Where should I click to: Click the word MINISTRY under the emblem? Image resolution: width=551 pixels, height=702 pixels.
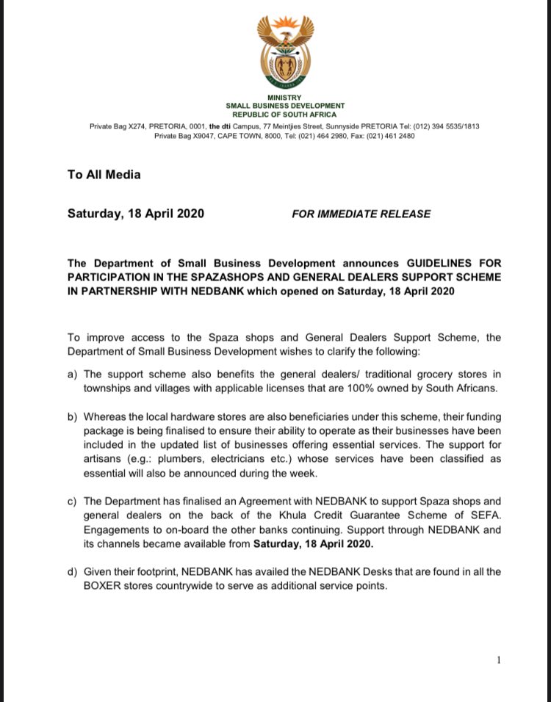[x=284, y=98]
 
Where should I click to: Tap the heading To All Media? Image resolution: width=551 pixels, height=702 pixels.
[x=104, y=175]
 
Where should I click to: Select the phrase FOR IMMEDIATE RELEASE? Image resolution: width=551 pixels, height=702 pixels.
[x=361, y=214]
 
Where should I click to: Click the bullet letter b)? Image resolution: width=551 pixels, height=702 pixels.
[x=72, y=416]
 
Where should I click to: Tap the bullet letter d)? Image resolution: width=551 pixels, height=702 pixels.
[x=72, y=571]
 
